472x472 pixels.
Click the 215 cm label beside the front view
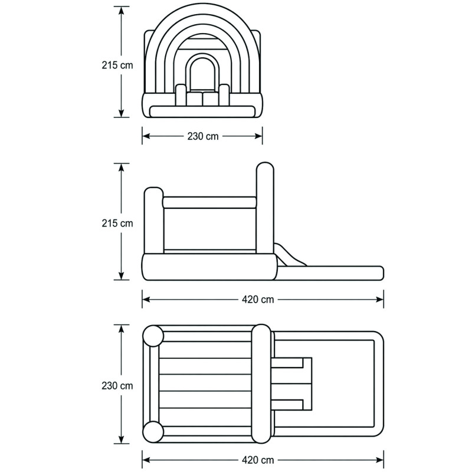pos(117,65)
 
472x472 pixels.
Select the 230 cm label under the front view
pos(203,136)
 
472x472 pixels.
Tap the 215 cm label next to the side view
pos(117,224)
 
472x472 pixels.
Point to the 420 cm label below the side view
pos(258,300)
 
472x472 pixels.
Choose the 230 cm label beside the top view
pos(117,386)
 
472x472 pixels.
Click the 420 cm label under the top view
pos(258,460)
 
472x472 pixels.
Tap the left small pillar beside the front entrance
pos(181,95)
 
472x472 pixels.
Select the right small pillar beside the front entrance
pos(224,95)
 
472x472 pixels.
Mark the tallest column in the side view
pos(265,208)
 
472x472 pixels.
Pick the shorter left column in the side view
pos(154,221)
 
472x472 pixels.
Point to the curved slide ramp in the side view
pos(290,255)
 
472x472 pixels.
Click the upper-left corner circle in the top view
pos(153,336)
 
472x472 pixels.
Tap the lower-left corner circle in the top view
pos(153,432)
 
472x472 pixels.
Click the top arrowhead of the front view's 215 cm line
pos(122,11)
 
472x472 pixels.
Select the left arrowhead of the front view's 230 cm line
pos(146,136)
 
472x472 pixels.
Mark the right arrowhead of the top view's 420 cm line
pos(379,460)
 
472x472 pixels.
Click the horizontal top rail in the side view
pos(209,202)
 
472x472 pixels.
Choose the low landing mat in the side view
pos(330,273)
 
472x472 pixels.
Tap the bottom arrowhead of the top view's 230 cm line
pos(122,439)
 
